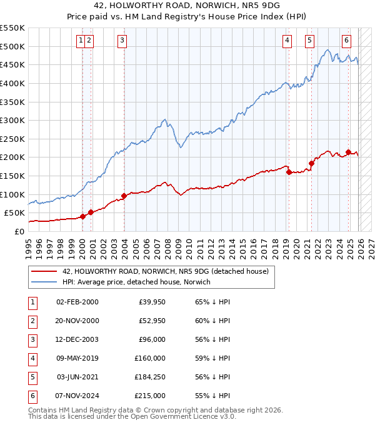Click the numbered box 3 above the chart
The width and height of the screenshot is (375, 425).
click(121, 41)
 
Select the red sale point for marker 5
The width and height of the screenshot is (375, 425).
click(311, 164)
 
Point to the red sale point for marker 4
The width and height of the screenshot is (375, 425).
click(289, 172)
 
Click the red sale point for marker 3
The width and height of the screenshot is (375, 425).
click(124, 196)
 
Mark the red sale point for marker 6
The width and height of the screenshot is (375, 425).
click(348, 152)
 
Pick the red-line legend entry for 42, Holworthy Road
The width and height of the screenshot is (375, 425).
click(165, 271)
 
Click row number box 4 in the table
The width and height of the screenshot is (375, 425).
click(32, 358)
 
